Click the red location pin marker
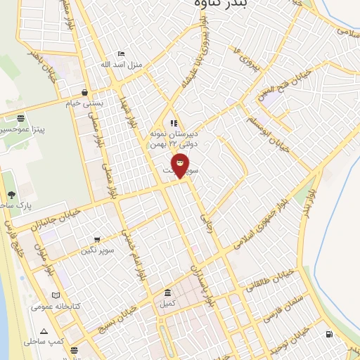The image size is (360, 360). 181,165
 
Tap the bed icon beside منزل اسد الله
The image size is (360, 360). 121,53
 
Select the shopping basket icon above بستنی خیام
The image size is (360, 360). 84,92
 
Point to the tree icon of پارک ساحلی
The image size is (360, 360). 11,195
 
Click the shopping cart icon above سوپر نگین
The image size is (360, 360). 96,240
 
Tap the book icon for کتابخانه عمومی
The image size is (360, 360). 56,296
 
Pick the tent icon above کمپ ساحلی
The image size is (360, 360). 44,330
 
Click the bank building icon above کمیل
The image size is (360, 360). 167,292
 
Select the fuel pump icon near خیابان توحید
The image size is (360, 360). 328,334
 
